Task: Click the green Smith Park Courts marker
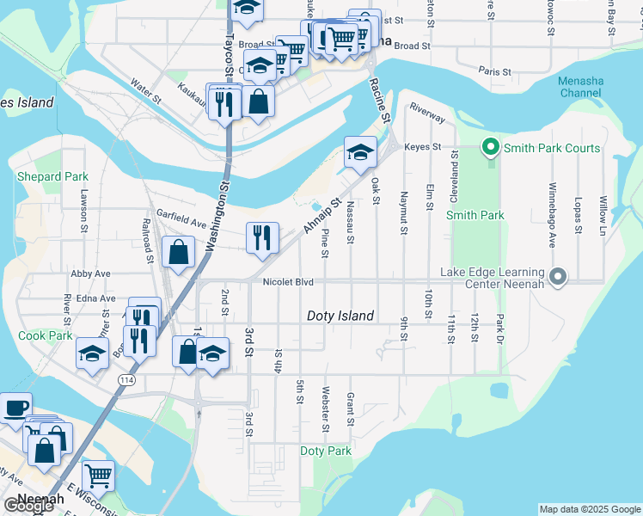491,148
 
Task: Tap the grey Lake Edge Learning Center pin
558,277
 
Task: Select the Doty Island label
340,316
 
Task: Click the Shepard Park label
52,176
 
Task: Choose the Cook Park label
45,335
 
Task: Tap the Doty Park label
326,451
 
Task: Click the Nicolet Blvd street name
288,281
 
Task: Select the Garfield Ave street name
181,218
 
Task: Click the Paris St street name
494,72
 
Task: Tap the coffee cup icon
15,407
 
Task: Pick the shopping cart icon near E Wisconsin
98,473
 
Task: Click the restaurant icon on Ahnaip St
262,236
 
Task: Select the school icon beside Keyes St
360,152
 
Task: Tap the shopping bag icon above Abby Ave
178,252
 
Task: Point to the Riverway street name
427,112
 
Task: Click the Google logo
28,506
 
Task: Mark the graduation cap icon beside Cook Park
92,353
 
